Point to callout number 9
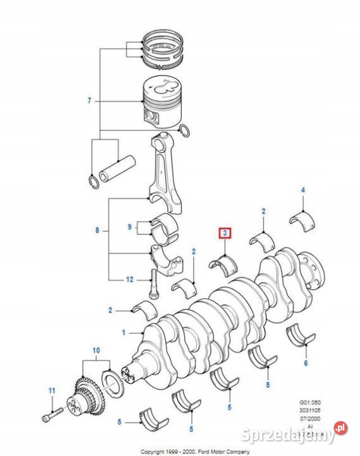(x=129, y=226)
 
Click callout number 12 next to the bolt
(x=128, y=279)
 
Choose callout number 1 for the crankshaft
(x=124, y=332)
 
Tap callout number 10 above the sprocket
(x=96, y=350)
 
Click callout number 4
(x=303, y=191)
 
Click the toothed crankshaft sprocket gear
(x=85, y=393)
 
